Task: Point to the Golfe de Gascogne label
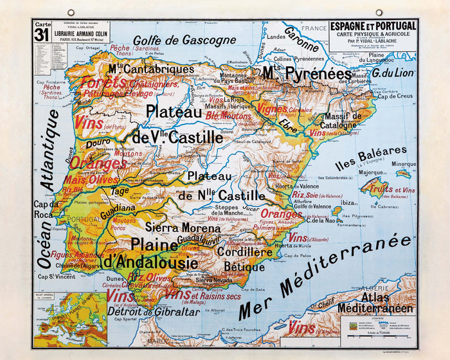(184, 40)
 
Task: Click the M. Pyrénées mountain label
(307, 73)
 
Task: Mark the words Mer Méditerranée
(325, 276)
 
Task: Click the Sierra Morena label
(175, 228)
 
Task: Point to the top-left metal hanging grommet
(70, 12)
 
